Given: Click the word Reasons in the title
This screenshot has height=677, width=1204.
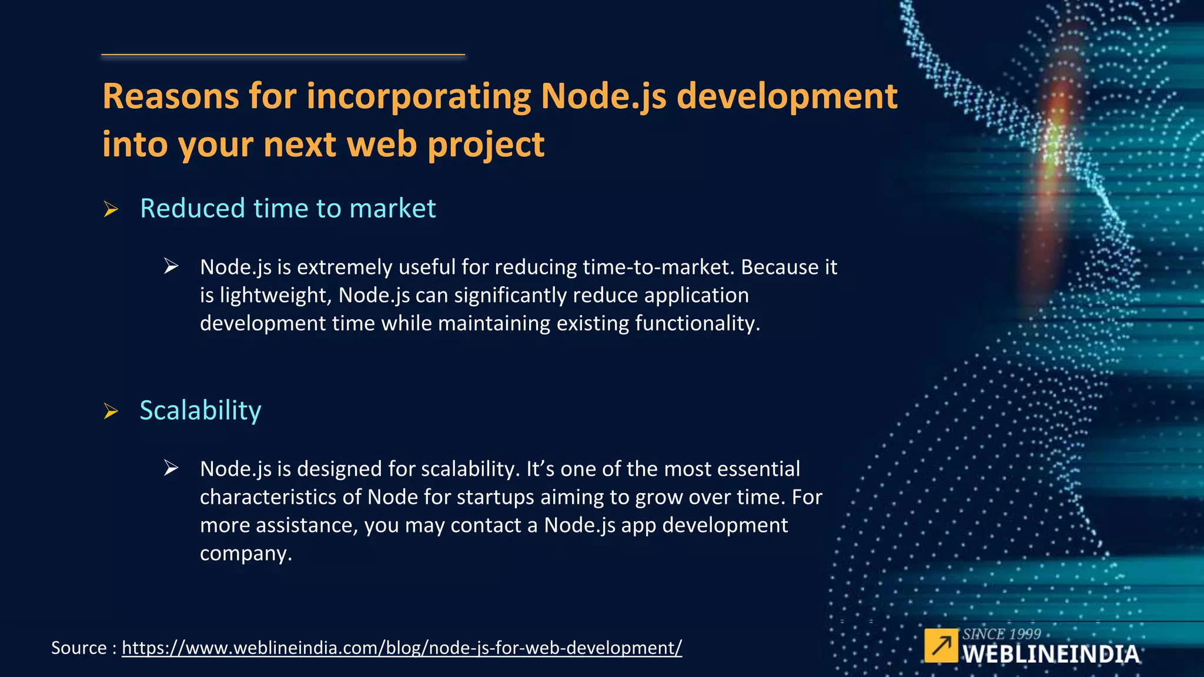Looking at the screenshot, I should point(170,96).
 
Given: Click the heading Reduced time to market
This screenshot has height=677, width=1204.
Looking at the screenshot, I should point(287,209).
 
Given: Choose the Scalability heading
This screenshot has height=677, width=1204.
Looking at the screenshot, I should point(200,410).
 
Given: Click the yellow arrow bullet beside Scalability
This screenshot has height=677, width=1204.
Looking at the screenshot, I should point(111,411).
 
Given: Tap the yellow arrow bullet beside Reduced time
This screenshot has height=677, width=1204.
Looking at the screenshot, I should point(111,209).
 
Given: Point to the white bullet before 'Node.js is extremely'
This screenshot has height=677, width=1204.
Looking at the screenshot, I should point(171,266).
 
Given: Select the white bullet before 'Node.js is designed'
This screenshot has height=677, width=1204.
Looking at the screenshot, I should point(171,468).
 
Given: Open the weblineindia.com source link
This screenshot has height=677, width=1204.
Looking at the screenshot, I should point(402,648).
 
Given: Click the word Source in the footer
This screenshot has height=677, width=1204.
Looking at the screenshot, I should point(79,648).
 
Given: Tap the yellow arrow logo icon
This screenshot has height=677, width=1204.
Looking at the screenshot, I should point(941,645).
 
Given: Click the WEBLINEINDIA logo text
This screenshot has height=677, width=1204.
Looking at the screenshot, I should point(1051,654).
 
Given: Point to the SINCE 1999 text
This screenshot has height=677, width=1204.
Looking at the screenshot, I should point(1001,634).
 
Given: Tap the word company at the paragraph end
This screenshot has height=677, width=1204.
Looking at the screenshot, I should point(245,554).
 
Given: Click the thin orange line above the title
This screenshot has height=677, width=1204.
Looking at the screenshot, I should point(283,55).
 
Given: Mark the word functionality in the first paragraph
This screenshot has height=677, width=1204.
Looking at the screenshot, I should point(697,323).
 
